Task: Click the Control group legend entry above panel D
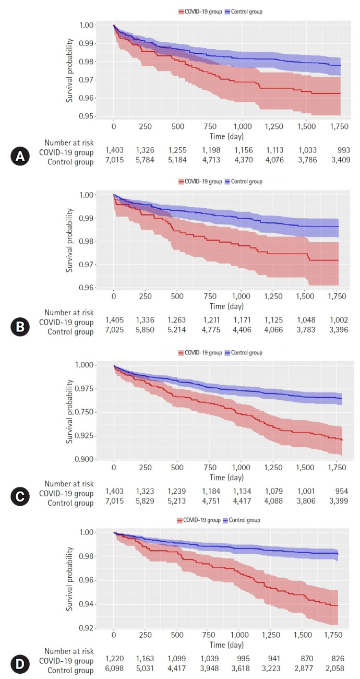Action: point(241,520)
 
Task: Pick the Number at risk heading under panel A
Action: point(69,142)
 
